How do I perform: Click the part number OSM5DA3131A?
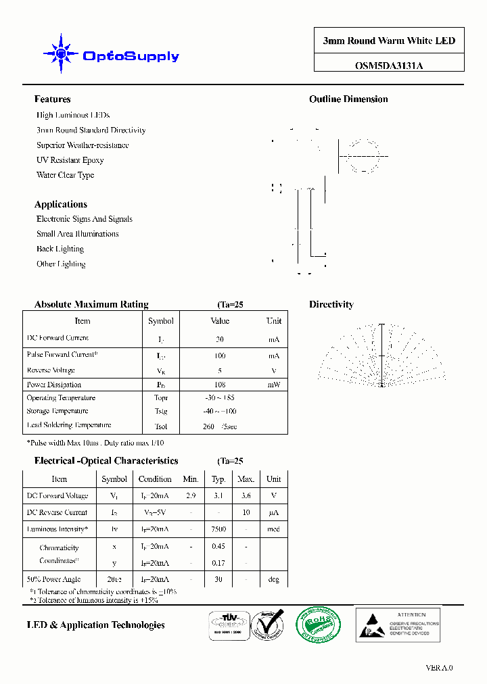[x=389, y=66]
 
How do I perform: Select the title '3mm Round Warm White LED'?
[x=389, y=41]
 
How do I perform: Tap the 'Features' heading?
[x=52, y=99]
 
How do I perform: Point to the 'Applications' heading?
[x=61, y=204]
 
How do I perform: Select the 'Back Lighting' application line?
[x=60, y=249]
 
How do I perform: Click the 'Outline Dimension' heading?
[x=348, y=99]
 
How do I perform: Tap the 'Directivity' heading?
[x=331, y=305]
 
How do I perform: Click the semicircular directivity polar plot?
[x=381, y=356]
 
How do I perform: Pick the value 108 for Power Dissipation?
[x=220, y=385]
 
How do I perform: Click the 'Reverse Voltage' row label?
[x=51, y=370]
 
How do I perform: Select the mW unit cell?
[x=273, y=385]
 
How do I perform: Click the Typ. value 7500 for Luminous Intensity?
[x=218, y=529]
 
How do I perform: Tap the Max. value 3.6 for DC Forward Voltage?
[x=246, y=495]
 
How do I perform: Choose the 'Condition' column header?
[x=155, y=479]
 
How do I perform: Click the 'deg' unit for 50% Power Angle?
[x=273, y=579]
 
